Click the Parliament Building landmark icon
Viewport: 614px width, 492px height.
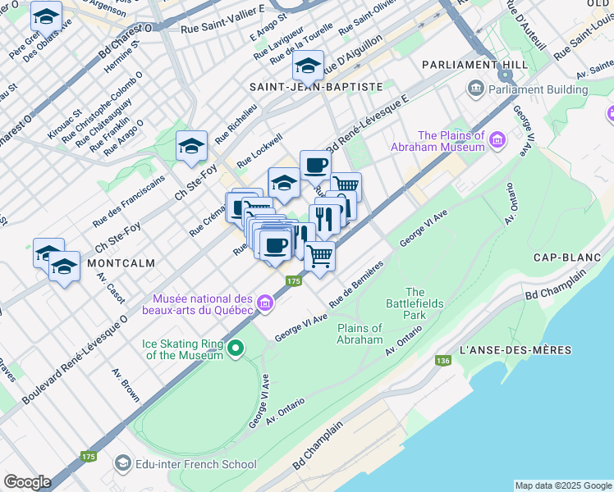tap(475, 89)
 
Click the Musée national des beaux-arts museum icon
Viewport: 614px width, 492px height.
tap(265, 304)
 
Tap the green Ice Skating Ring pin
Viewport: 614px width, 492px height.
tap(236, 348)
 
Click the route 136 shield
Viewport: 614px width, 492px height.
tap(444, 360)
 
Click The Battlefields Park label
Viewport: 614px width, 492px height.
tap(415, 303)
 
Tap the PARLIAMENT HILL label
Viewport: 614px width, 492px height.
tap(464, 64)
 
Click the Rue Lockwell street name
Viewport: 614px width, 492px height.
tap(259, 152)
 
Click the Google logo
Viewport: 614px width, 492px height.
tap(27, 482)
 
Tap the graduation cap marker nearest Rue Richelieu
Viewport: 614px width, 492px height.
tap(191, 146)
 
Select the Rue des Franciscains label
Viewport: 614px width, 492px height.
tap(129, 200)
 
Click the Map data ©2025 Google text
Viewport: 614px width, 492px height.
tap(562, 485)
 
